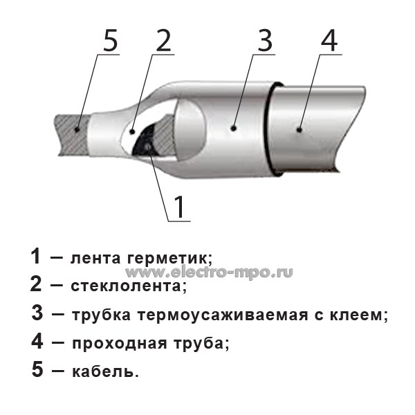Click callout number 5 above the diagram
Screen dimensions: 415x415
pos(111,41)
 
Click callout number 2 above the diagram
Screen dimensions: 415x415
pos(163,41)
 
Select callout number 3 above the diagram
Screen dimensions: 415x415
pos(265,41)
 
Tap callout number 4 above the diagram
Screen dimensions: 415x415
pos(329,41)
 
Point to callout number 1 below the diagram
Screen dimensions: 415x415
pos(179,207)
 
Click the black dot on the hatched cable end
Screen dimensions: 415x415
pos(77,130)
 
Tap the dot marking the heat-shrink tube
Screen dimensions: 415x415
pos(233,129)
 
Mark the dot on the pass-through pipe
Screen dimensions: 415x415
pos(299,130)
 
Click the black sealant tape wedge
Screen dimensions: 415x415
pos(145,142)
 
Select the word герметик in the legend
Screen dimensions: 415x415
pos(169,259)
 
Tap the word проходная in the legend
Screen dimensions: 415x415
pos(120,344)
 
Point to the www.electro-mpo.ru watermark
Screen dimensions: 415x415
pos(209,272)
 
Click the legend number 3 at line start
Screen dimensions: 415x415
pos(37,313)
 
